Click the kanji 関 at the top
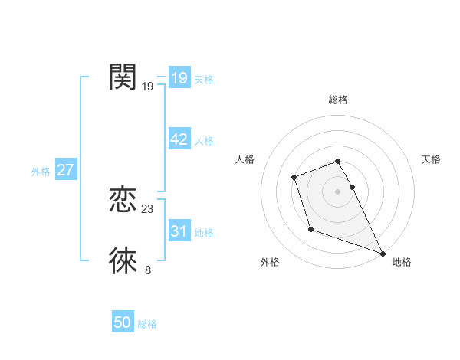click(123, 77)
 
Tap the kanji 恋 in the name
click(123, 201)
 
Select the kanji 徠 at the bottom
click(123, 261)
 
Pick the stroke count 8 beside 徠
click(147, 270)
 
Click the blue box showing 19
click(179, 78)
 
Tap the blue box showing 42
click(179, 139)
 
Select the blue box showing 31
click(179, 231)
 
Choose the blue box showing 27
click(65, 170)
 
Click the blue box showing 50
click(123, 322)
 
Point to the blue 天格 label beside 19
click(204, 79)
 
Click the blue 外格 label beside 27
click(41, 172)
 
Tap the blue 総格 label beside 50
click(147, 324)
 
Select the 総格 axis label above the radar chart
click(338, 100)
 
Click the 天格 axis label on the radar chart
click(431, 159)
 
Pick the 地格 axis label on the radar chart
click(402, 262)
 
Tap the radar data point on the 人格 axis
click(294, 178)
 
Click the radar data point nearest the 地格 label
click(383, 253)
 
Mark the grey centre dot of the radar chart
click(337, 191)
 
